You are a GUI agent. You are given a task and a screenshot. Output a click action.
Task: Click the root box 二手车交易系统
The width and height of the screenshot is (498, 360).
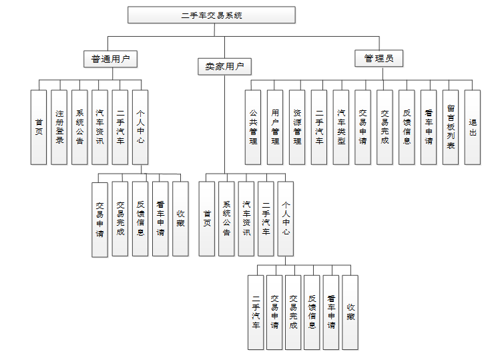tap(212, 15)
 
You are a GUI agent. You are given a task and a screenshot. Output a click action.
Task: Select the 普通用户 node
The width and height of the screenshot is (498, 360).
tap(110, 59)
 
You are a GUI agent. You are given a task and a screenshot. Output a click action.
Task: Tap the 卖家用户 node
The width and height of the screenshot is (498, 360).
tap(224, 66)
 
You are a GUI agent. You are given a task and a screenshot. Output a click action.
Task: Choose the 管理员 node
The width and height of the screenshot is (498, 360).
tap(379, 59)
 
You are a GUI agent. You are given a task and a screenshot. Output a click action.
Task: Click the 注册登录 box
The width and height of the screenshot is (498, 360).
tap(59, 127)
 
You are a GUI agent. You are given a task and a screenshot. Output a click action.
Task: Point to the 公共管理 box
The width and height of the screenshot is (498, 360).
tap(253, 127)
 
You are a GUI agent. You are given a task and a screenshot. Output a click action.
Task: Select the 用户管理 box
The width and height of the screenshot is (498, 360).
tap(275, 127)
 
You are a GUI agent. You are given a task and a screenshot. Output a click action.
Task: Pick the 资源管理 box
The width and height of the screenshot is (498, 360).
tap(297, 127)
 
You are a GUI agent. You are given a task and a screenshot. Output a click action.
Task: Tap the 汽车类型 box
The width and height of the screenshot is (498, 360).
tap(340, 127)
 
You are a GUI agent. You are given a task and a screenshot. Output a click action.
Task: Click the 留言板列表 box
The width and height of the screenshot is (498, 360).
tap(451, 127)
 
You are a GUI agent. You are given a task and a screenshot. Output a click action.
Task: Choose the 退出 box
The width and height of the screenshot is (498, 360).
tap(473, 127)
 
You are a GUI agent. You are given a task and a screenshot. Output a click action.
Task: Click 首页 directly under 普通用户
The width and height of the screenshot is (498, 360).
tap(39, 127)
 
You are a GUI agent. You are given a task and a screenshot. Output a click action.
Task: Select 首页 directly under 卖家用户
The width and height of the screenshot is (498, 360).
tap(207, 218)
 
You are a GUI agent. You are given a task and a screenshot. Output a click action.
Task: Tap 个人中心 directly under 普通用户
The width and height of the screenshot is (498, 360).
tap(140, 127)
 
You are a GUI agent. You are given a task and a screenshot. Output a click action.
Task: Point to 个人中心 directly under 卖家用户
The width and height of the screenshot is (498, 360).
tap(286, 218)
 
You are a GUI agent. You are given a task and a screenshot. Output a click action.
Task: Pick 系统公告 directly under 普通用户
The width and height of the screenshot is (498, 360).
tap(79, 127)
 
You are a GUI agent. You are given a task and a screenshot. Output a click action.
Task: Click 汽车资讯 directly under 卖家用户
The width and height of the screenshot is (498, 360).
tap(246, 218)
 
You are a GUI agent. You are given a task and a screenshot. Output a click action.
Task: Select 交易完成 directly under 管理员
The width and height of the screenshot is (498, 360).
tap(385, 127)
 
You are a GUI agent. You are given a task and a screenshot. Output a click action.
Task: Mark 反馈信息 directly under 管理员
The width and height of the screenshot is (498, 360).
tap(407, 127)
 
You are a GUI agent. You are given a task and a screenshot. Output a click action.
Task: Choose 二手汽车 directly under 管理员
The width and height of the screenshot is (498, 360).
tap(319, 127)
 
